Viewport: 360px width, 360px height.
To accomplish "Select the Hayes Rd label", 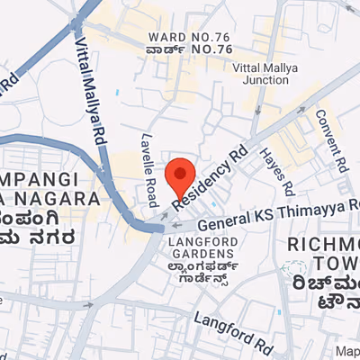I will pos(277,171).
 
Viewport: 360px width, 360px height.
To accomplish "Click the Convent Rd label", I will pos(331,140).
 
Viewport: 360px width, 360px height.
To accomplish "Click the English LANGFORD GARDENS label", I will pos(203,249).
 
